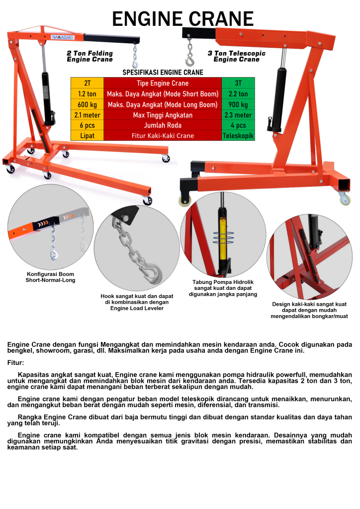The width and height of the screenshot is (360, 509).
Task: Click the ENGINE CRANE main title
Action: click(183, 19)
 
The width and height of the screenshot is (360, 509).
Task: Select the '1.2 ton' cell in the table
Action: click(88, 94)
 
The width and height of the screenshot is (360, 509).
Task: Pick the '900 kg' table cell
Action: click(238, 104)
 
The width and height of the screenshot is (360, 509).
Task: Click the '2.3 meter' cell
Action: click(238, 115)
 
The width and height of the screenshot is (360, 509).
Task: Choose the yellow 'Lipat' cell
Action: click(88, 136)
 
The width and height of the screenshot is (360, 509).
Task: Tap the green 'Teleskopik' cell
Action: click(238, 136)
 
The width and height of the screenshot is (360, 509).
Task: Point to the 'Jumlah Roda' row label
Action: click(163, 125)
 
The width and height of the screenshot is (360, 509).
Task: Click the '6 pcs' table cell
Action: click(88, 125)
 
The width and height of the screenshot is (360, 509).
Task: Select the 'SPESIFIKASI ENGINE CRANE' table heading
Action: click(163, 73)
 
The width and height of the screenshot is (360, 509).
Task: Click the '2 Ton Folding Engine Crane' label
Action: click(90, 56)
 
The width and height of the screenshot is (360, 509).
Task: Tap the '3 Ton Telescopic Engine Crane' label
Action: click(237, 56)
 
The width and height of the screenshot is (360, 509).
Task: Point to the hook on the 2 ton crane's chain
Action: click(135, 64)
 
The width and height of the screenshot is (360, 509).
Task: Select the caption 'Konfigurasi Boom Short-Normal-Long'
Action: click(50, 277)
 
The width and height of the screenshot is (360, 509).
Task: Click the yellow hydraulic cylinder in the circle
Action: click(223, 239)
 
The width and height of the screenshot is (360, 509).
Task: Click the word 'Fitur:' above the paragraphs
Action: click(15, 362)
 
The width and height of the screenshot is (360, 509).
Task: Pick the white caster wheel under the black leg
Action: click(184, 201)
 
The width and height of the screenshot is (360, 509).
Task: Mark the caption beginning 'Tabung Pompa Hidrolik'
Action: click(223, 288)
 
